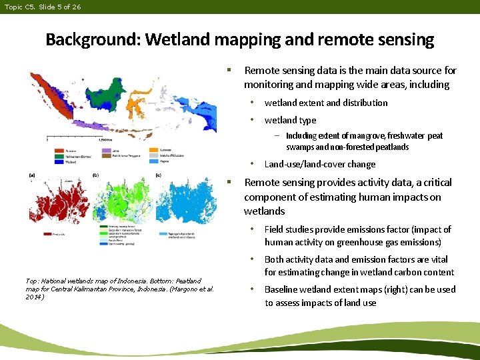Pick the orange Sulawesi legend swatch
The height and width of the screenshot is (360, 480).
coord(153,151)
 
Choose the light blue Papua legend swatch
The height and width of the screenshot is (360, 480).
coord(153,161)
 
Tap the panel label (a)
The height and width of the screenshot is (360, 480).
coord(33,174)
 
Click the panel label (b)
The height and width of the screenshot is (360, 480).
coord(96,175)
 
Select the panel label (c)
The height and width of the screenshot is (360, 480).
coord(157,175)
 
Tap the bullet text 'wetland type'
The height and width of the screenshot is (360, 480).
coord(290,120)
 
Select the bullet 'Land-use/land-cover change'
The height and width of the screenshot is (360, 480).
coord(320,164)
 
